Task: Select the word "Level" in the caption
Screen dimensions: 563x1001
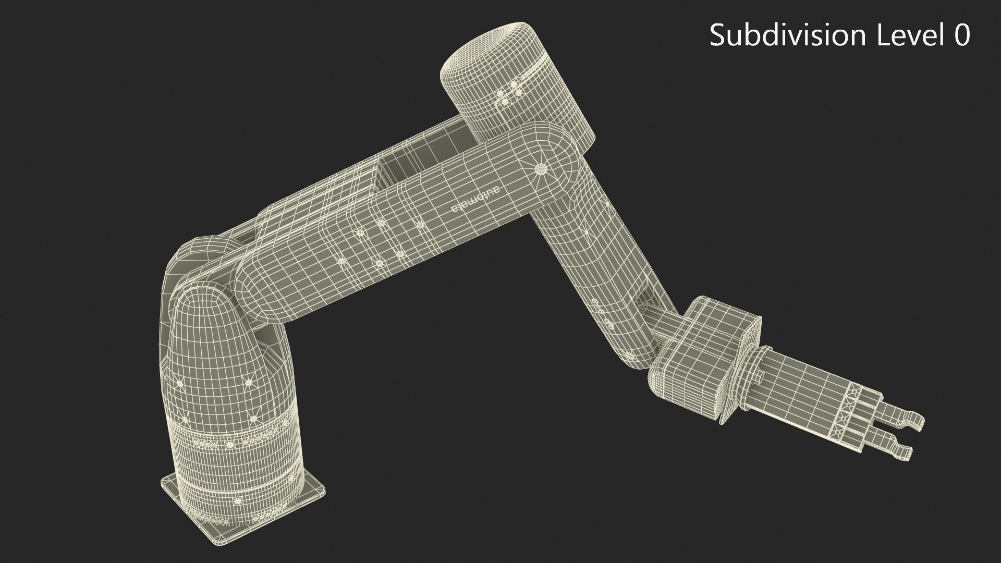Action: click(x=894, y=35)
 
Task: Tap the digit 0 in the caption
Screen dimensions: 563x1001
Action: click(x=960, y=35)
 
